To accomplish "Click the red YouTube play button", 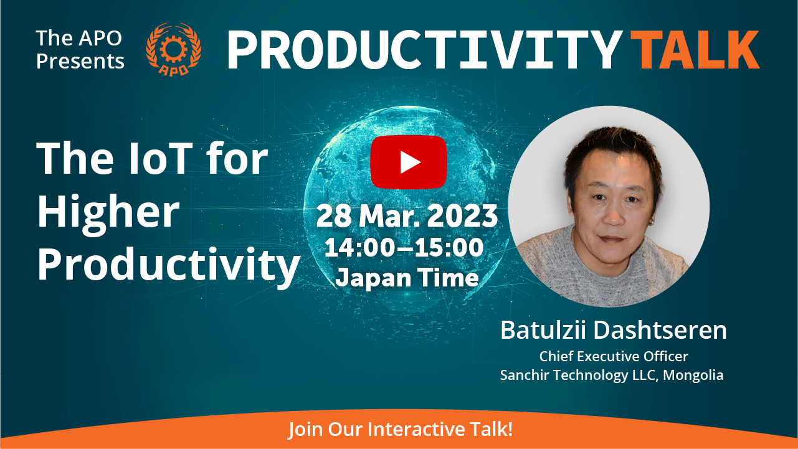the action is tap(409, 162).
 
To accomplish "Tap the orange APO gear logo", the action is tap(174, 49).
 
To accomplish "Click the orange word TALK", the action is tap(695, 49).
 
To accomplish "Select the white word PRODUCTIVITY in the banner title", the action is tap(425, 49).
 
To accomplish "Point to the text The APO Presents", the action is tap(80, 49).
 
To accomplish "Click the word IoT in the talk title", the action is tap(160, 158).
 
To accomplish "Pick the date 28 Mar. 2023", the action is tap(407, 216).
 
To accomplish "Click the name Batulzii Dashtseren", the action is tap(614, 330).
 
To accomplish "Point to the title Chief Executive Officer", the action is tap(614, 356).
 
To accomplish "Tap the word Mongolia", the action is tap(693, 375).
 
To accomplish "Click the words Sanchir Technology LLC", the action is tap(579, 376).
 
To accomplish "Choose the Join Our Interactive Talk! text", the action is tap(400, 428).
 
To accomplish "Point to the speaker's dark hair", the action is tap(613, 146).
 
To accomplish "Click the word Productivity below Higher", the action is tap(168, 266).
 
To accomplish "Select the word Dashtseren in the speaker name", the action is tap(660, 330).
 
